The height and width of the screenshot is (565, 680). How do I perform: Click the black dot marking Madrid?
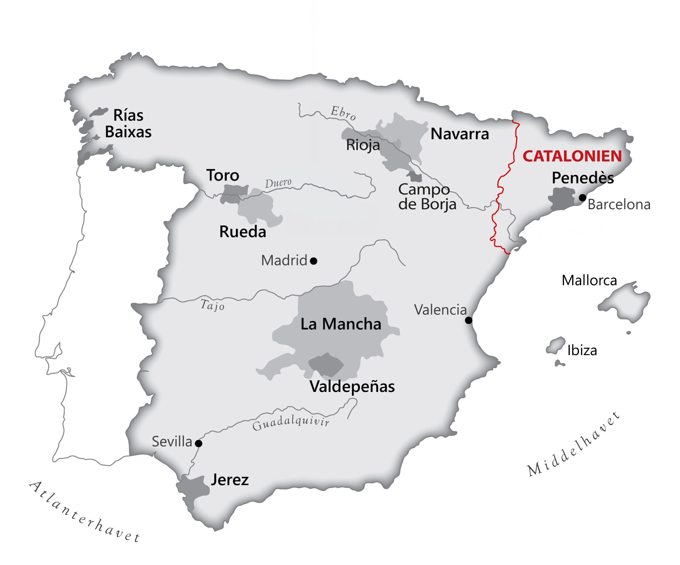pyautogui.click(x=314, y=261)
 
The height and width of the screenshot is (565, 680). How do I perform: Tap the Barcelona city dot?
pyautogui.click(x=583, y=198)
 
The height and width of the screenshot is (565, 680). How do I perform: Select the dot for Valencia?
pyautogui.click(x=469, y=320)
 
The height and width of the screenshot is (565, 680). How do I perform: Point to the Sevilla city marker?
pyautogui.click(x=199, y=444)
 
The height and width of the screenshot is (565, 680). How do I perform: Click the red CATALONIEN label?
pyautogui.click(x=572, y=156)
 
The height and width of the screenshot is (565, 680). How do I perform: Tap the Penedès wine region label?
pyautogui.click(x=583, y=178)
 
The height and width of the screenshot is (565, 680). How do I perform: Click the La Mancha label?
pyautogui.click(x=341, y=324)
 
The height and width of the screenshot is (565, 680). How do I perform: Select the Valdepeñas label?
pyautogui.click(x=352, y=386)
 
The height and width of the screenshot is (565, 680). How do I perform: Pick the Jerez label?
pyautogui.click(x=229, y=480)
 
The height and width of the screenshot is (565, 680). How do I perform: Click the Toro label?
pyautogui.click(x=222, y=175)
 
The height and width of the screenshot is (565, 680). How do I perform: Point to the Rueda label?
pyautogui.click(x=242, y=232)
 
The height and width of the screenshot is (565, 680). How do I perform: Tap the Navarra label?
pyautogui.click(x=460, y=134)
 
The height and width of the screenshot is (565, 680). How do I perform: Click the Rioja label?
pyautogui.click(x=363, y=145)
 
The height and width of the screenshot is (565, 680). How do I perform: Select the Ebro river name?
pyautogui.click(x=343, y=113)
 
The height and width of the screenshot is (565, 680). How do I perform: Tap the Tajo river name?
pyautogui.click(x=212, y=305)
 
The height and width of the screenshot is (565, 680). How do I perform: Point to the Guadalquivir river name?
pyautogui.click(x=291, y=422)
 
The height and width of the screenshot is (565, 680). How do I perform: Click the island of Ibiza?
pyautogui.click(x=556, y=345)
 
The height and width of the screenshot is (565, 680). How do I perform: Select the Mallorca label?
pyautogui.click(x=589, y=280)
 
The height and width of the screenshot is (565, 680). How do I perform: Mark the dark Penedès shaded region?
pyautogui.click(x=562, y=199)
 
